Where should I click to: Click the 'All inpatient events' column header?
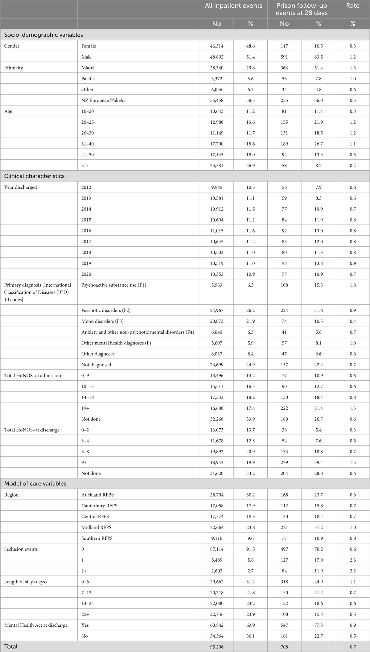click(233, 6)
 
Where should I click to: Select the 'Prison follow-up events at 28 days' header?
click(301, 9)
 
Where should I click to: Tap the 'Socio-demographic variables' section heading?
click(43, 35)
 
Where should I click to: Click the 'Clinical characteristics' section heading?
click(34, 176)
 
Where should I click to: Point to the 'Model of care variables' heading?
click(35, 484)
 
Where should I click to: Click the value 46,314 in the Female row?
click(217, 46)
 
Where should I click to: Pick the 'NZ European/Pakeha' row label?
click(103, 100)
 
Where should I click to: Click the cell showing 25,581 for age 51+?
click(217, 165)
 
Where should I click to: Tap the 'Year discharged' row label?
click(20, 187)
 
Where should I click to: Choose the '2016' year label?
click(86, 231)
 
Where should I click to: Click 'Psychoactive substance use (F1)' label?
click(114, 285)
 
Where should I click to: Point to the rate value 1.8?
click(353, 285)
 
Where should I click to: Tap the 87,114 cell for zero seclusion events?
click(217, 549)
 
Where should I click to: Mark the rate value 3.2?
click(353, 571)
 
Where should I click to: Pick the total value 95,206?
click(217, 646)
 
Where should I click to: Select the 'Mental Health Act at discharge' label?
click(36, 625)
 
